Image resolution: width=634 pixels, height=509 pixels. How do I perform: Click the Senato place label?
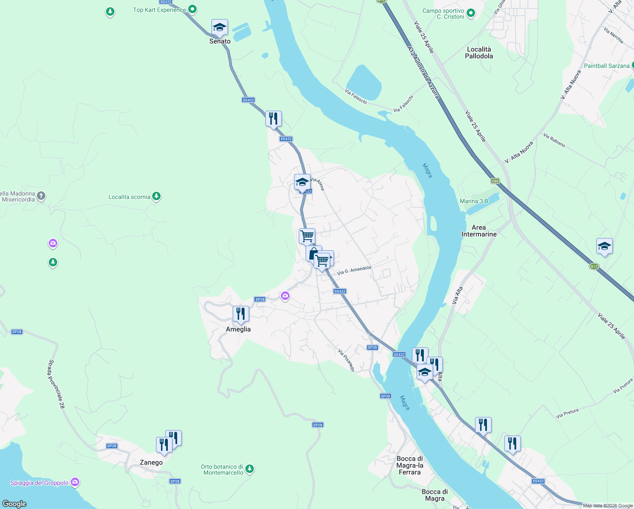click(220, 41)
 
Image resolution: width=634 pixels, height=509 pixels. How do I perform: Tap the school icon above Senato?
click(220, 28)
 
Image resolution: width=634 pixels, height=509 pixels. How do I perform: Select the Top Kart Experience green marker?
click(192, 9)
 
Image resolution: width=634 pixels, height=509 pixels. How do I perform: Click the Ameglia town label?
click(238, 329)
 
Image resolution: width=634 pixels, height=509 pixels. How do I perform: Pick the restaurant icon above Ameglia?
click(241, 314)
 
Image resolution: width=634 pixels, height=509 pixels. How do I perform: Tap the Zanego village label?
click(151, 462)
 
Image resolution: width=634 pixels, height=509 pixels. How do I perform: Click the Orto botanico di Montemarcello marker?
click(250, 469)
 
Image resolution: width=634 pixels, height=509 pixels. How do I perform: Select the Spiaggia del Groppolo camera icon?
click(75, 482)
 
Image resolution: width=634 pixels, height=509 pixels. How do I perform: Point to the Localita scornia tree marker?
click(156, 196)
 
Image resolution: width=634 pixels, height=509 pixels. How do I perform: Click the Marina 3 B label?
click(474, 201)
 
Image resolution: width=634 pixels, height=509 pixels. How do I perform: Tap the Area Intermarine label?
click(479, 231)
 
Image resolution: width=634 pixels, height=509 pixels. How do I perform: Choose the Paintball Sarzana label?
click(606, 66)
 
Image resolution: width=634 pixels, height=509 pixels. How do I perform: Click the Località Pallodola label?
click(479, 53)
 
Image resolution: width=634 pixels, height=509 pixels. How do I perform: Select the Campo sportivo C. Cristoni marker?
click(470, 13)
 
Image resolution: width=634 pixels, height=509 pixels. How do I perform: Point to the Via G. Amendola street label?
click(354, 270)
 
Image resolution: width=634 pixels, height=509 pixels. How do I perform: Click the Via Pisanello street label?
click(346, 361)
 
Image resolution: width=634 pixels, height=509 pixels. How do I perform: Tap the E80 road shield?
click(495, 181)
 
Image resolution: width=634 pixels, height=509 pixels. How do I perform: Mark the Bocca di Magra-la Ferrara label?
click(409, 465)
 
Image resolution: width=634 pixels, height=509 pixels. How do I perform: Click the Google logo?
click(14, 503)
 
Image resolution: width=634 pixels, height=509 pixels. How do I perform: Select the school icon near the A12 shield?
click(604, 246)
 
